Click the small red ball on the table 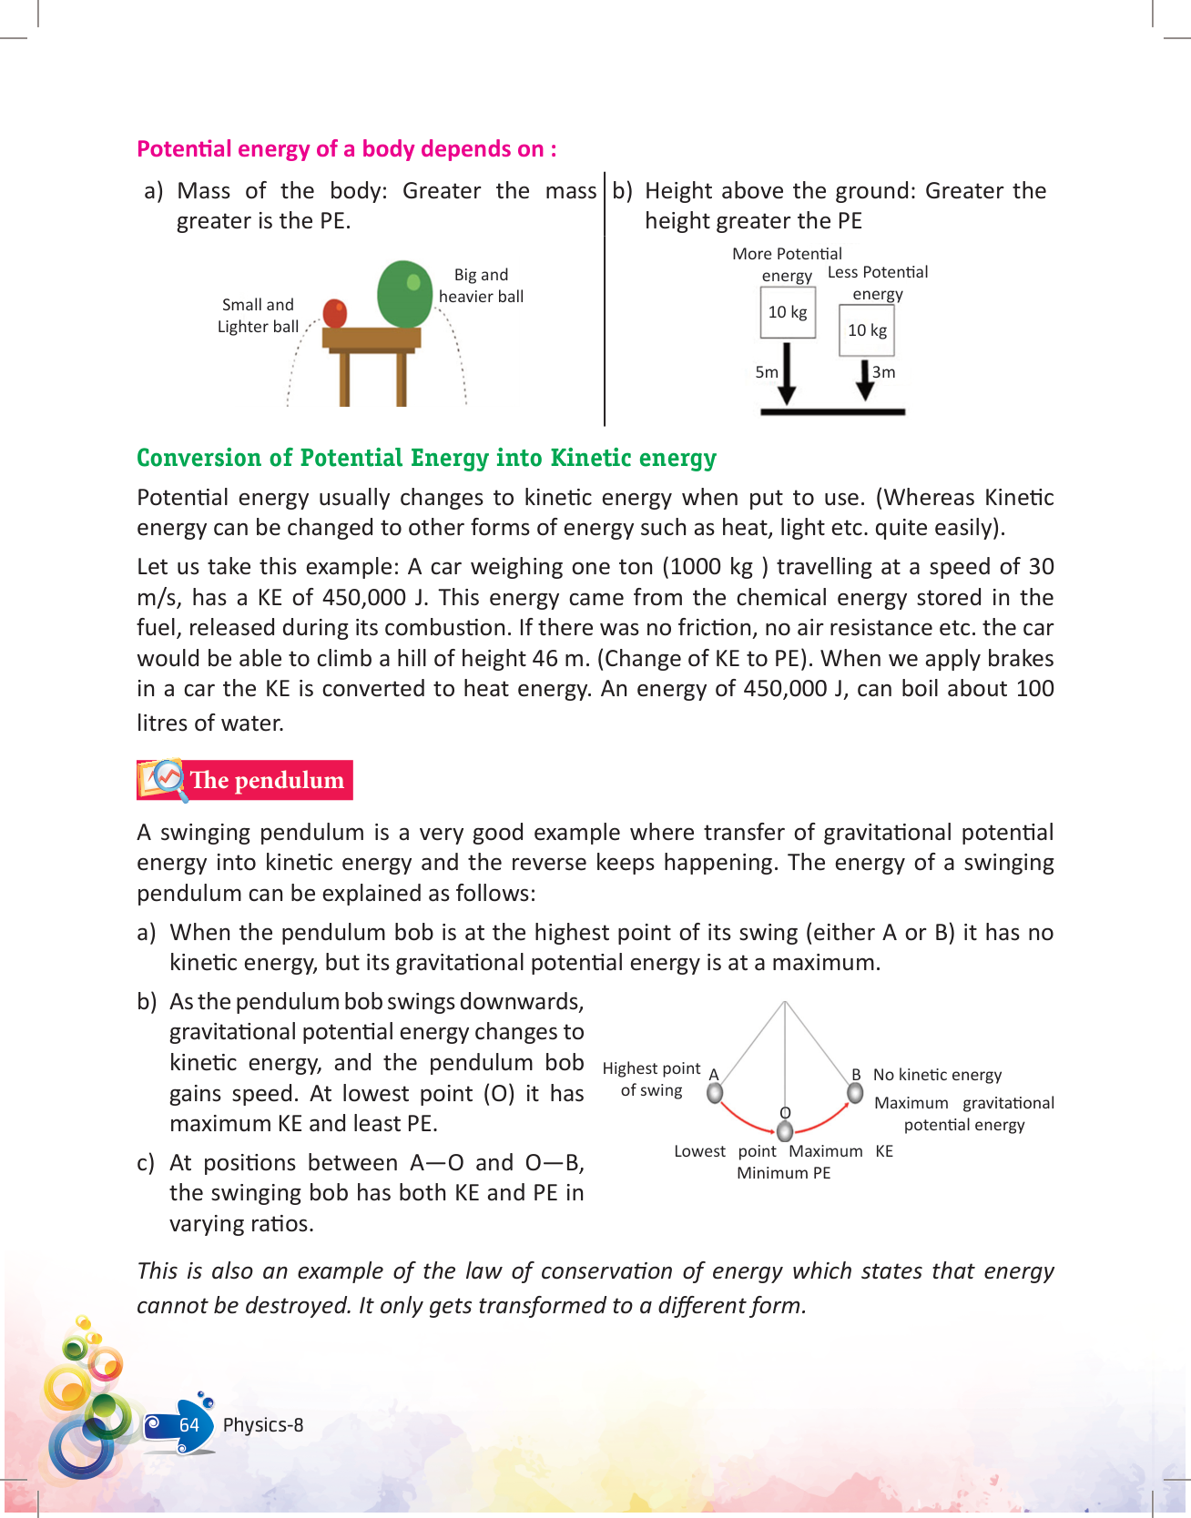(x=335, y=312)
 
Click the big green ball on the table (x=404, y=293)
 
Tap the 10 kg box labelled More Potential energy (x=788, y=312)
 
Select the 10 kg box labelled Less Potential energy (x=867, y=330)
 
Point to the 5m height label (x=767, y=372)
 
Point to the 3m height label (x=883, y=372)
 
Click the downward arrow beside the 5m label (x=788, y=373)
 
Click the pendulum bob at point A (x=716, y=1092)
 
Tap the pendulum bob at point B (x=855, y=1092)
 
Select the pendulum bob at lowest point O (x=785, y=1131)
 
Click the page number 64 (x=189, y=1425)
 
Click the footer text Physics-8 (x=263, y=1425)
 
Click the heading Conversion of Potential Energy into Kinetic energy (x=426, y=458)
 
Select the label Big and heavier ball (x=481, y=286)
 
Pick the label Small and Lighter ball (x=258, y=316)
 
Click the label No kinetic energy (x=937, y=1075)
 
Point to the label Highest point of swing (x=651, y=1079)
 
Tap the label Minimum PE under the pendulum (x=783, y=1173)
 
